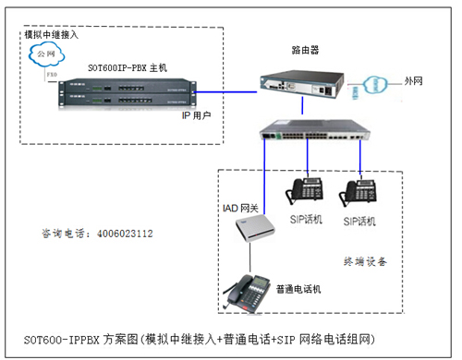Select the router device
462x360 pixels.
pyautogui.click(x=297, y=84)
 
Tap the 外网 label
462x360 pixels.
pyautogui.click(x=414, y=82)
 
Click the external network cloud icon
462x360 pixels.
pyautogui.click(x=374, y=83)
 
